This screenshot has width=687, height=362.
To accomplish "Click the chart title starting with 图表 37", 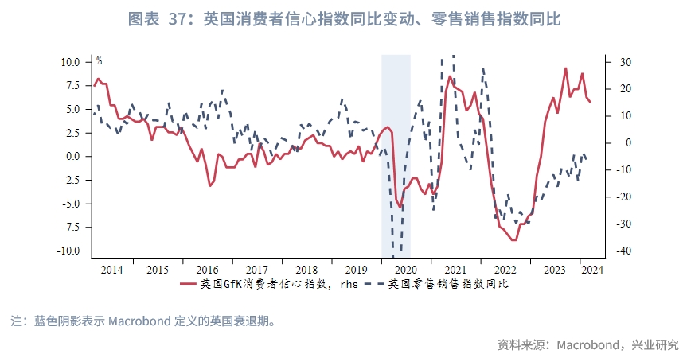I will point(344,18).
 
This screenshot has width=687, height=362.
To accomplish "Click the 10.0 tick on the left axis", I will point(70,62).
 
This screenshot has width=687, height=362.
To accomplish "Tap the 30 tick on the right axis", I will point(622,62).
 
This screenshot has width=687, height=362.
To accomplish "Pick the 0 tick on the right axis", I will point(617,143).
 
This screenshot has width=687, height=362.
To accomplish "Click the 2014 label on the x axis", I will point(112,270).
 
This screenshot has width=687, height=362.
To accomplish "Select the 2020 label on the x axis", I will point(405,270).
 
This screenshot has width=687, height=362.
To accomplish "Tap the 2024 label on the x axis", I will point(592,270).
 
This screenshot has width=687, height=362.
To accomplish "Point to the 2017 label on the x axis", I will point(258,270).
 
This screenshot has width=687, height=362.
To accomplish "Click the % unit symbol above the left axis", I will point(99,60).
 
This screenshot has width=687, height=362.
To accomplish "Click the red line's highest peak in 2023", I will point(565,68).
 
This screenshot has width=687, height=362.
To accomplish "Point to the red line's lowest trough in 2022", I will point(515,239).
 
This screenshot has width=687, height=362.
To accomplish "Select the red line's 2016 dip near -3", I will point(209,185).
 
